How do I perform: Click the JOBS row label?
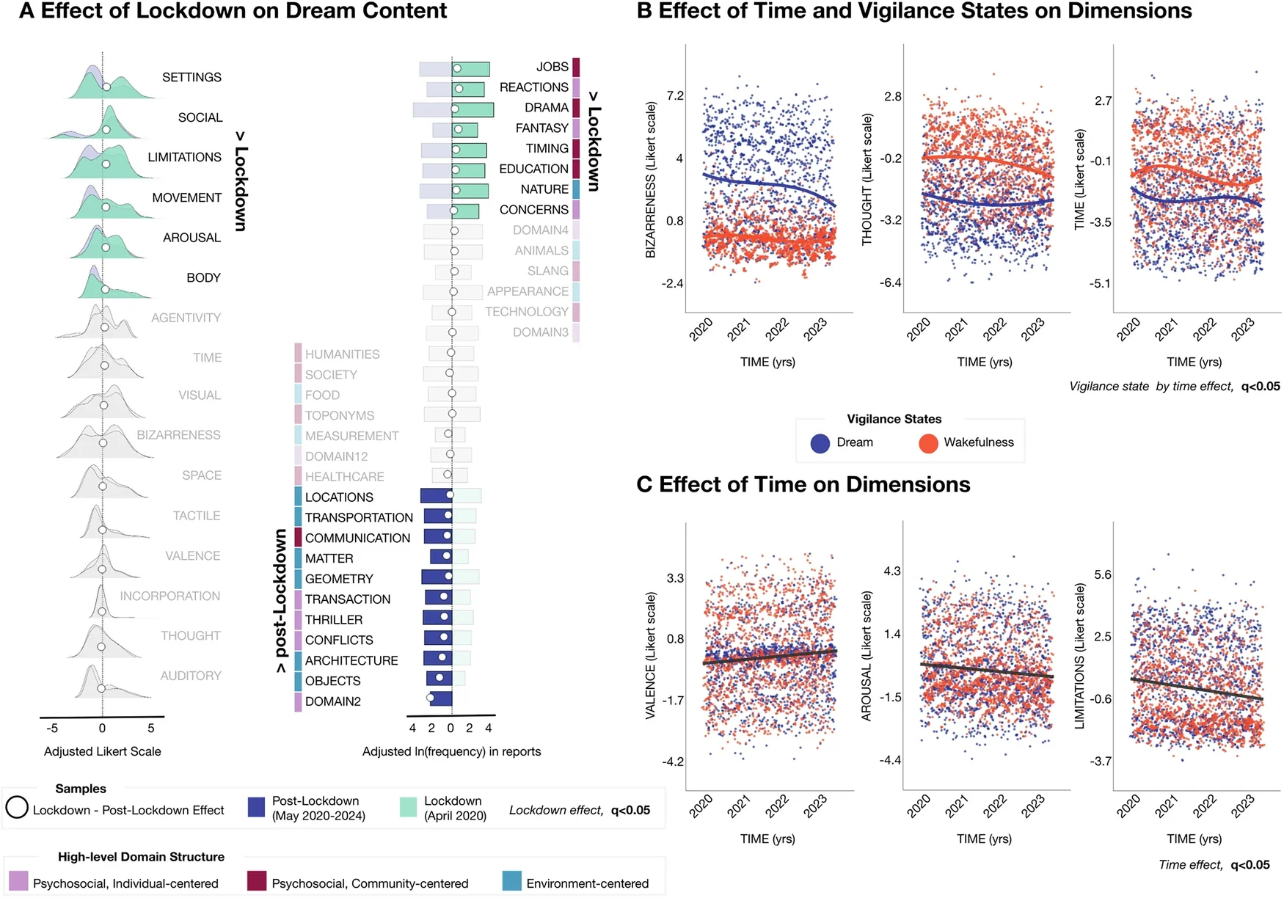coord(552,67)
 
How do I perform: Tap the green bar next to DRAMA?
coord(473,109)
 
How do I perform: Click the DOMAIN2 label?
coord(332,701)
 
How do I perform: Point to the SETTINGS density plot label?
coord(191,77)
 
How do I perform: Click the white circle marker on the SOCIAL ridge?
coord(106,130)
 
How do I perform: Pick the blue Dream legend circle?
coord(820,443)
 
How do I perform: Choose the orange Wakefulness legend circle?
coord(928,443)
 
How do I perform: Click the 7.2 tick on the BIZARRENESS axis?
coord(674,96)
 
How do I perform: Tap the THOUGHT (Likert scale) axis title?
coord(867,179)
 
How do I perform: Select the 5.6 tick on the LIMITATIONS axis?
coord(1102,574)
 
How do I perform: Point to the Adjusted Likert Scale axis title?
coord(102,751)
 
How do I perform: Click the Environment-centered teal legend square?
coord(512,881)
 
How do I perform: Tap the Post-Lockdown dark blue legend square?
coord(256,808)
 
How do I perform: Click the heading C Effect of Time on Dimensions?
coord(803,485)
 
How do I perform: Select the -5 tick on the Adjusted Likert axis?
coord(52,729)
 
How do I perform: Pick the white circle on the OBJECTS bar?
coord(439,678)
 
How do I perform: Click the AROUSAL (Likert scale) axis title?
coord(867,655)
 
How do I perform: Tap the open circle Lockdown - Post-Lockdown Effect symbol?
coord(17,808)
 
